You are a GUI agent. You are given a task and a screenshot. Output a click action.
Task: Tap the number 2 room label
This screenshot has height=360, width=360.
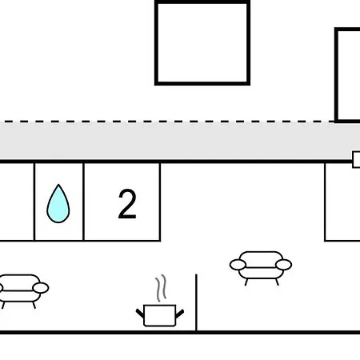click(127, 204)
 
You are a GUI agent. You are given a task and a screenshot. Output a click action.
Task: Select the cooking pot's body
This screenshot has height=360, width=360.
click(160, 315)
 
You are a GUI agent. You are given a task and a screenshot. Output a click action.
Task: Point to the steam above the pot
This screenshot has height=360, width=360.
click(161, 288)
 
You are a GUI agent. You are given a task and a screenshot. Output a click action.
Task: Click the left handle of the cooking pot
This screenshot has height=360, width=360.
click(140, 313)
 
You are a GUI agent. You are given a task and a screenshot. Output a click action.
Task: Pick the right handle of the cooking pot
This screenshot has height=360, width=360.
click(180, 314)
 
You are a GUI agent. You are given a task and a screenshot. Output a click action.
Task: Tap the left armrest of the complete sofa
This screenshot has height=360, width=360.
click(238, 265)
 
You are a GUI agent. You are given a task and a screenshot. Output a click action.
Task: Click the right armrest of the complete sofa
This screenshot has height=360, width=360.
click(284, 265)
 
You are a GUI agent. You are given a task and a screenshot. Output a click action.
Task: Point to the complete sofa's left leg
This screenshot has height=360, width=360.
click(246, 282)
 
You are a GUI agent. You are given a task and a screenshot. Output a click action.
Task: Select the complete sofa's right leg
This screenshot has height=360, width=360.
click(277, 282)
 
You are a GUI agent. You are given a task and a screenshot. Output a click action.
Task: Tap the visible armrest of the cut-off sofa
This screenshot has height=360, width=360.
click(41, 288)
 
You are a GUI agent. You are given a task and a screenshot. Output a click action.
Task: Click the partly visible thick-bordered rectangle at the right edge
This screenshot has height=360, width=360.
click(337, 74)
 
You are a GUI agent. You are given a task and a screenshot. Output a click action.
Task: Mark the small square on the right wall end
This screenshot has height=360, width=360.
click(356, 159)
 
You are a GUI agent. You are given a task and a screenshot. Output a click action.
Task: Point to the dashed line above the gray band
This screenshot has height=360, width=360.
click(167, 122)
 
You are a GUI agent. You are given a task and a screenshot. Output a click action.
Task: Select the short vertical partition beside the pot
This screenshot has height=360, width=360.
click(197, 302)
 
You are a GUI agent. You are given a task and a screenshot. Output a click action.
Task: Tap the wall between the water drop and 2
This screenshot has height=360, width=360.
click(84, 202)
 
